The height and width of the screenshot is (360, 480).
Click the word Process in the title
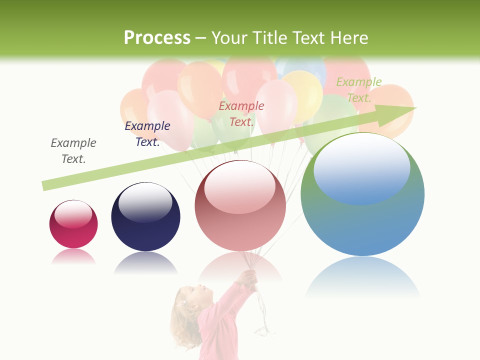(157, 38)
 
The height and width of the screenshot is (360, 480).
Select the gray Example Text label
(73, 151)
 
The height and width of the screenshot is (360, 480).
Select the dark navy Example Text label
(147, 134)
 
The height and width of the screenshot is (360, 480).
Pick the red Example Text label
(241, 114)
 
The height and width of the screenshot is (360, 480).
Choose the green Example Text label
(359, 90)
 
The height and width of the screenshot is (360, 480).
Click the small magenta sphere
(73, 224)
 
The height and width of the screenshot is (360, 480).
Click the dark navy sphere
(145, 217)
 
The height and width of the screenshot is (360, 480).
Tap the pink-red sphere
(240, 206)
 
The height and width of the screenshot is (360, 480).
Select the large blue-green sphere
(362, 194)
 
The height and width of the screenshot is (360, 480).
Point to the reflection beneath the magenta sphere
(73, 257)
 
